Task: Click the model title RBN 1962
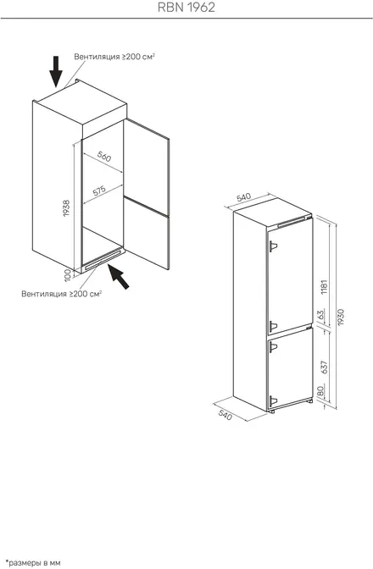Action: pyautogui.click(x=186, y=8)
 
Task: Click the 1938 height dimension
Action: pyautogui.click(x=66, y=208)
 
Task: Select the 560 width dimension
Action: pyautogui.click(x=104, y=157)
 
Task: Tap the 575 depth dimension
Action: pyautogui.click(x=99, y=191)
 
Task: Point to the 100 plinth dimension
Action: pyautogui.click(x=67, y=276)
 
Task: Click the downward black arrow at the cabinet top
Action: pyautogui.click(x=56, y=71)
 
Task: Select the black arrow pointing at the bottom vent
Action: pyautogui.click(x=119, y=277)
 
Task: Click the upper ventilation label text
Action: pyautogui.click(x=114, y=57)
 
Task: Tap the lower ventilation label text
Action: pyautogui.click(x=61, y=294)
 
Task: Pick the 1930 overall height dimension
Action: pyautogui.click(x=340, y=318)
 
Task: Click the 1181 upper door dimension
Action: pyautogui.click(x=325, y=287)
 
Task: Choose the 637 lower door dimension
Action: pyautogui.click(x=325, y=367)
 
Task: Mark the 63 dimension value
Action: pyautogui.click(x=320, y=314)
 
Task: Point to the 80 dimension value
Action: pyautogui.click(x=320, y=391)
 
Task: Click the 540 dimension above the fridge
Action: pyautogui.click(x=243, y=197)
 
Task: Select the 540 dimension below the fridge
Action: pyautogui.click(x=225, y=415)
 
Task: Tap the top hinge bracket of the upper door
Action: pyautogui.click(x=273, y=246)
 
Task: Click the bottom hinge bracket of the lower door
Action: pyautogui.click(x=273, y=401)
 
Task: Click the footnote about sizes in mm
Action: pyautogui.click(x=33, y=563)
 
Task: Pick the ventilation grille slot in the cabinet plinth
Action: pyautogui.click(x=103, y=260)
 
